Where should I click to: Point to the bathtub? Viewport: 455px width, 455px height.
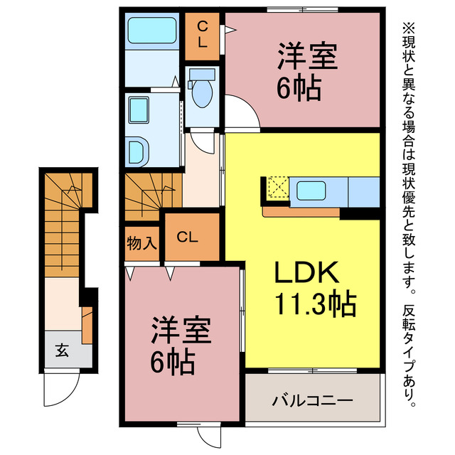tap(151, 32)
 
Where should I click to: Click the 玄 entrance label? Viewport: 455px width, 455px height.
tap(62, 350)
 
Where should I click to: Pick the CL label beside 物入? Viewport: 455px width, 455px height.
tap(188, 237)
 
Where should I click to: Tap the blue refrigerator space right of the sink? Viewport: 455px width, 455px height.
tap(364, 191)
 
